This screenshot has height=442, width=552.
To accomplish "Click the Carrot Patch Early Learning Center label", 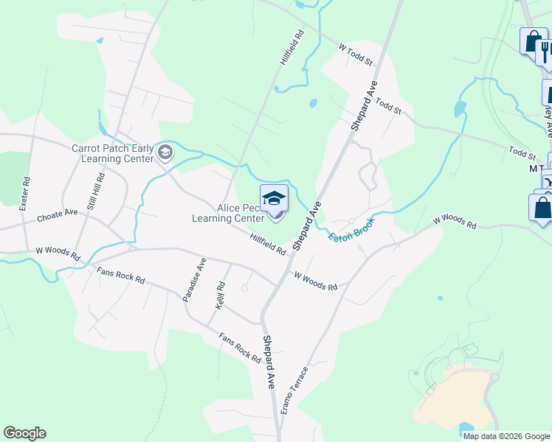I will click(112, 152).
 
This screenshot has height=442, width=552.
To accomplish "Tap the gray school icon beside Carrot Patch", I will click(165, 152).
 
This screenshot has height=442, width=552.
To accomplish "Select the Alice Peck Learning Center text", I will click(227, 214).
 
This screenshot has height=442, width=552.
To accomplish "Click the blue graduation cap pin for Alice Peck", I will click(274, 199).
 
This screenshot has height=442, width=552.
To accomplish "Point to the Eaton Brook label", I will click(352, 228).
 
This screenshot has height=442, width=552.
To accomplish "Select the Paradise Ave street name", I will click(193, 279).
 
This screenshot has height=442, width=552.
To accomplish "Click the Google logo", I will click(24, 433).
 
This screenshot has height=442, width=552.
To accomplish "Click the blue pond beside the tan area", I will click(466, 429).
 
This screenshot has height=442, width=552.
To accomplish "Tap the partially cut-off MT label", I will click(537, 169).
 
